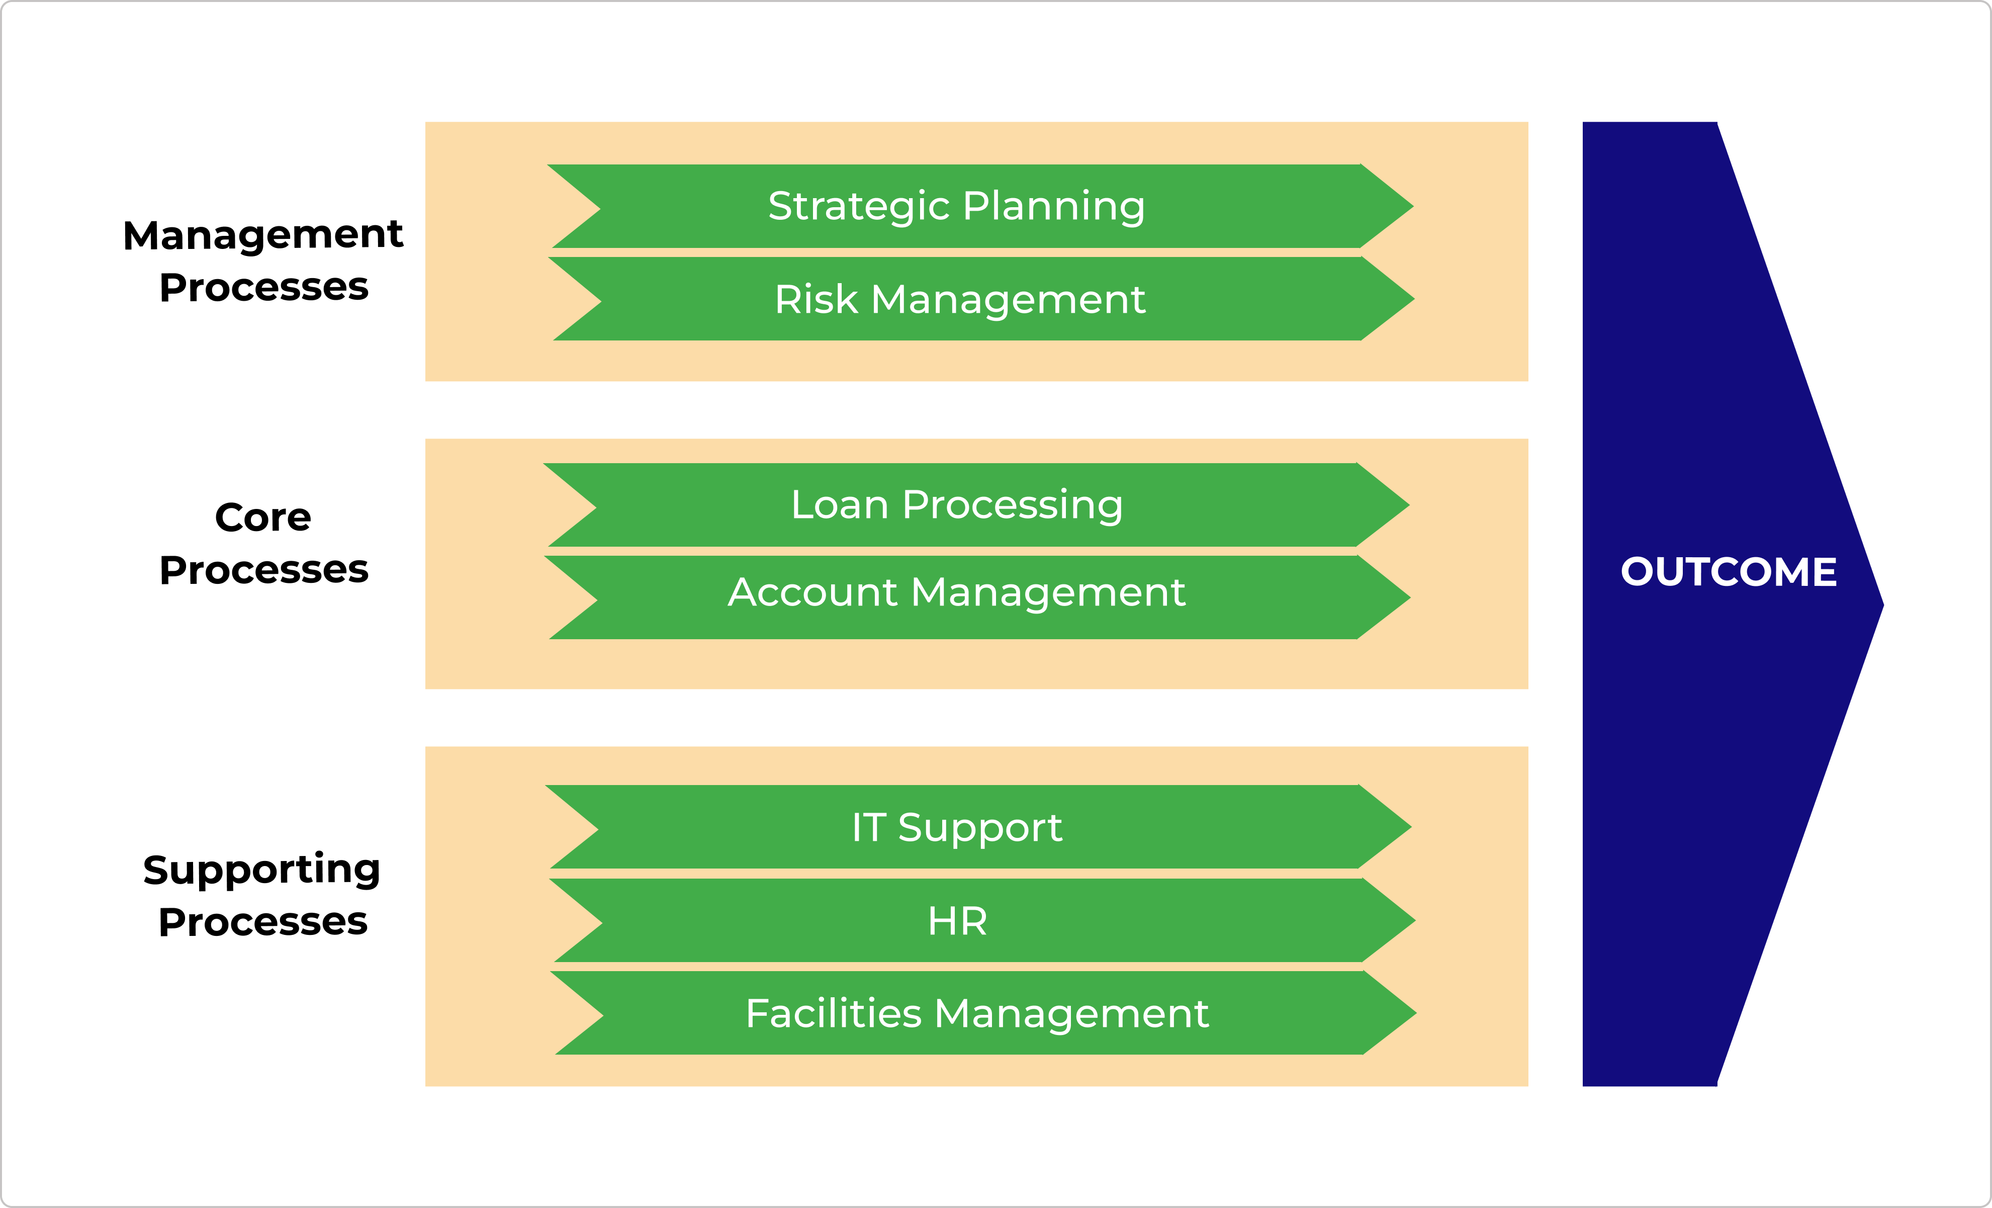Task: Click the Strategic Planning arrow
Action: tap(980, 206)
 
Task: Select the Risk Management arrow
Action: tap(980, 299)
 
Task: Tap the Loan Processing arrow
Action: tap(976, 504)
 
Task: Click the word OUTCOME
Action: tap(1729, 572)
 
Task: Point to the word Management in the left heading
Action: tap(263, 236)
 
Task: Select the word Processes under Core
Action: tap(263, 570)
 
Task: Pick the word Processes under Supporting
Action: tap(263, 922)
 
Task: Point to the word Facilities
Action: tap(834, 1013)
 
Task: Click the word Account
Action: tap(812, 592)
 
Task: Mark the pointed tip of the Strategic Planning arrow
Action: tap(1413, 206)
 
